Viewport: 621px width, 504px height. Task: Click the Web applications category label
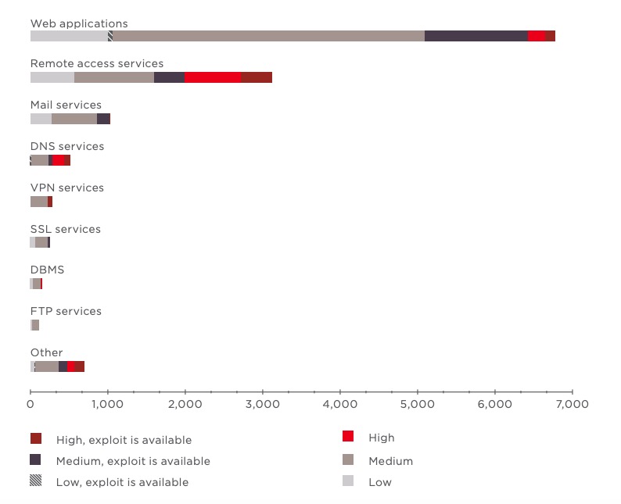[79, 23]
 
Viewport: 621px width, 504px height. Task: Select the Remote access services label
[97, 64]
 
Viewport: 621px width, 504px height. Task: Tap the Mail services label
[66, 105]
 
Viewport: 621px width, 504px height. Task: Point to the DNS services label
[66, 146]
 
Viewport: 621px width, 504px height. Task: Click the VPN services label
[66, 188]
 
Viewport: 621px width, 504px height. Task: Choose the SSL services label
[65, 229]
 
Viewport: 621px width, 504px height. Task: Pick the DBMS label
[47, 270]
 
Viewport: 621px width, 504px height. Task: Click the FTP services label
[66, 311]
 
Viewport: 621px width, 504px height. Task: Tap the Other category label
[46, 352]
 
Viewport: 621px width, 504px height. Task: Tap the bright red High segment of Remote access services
[213, 77]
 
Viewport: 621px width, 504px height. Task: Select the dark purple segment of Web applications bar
[476, 36]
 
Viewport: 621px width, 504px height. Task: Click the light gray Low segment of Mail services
[41, 118]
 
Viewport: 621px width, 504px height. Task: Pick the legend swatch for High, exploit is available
[36, 439]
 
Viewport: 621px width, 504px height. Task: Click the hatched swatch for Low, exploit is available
[36, 481]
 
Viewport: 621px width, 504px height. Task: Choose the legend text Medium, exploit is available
[133, 461]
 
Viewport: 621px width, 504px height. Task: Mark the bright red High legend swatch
[349, 437]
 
